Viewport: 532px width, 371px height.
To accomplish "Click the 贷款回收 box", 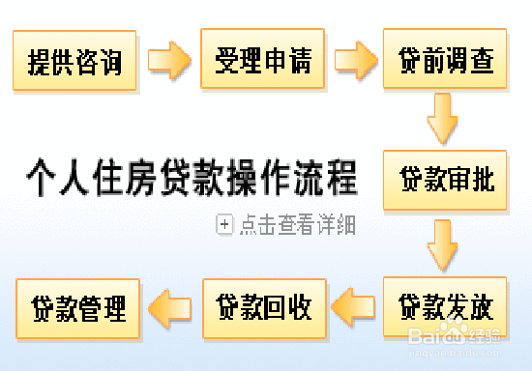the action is coord(264,307).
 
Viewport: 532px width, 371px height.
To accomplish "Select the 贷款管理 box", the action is coord(78,307).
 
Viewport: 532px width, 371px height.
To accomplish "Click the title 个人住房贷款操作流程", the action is coord(191,178).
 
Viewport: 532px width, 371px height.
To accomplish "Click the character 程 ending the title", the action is coord(341,178).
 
